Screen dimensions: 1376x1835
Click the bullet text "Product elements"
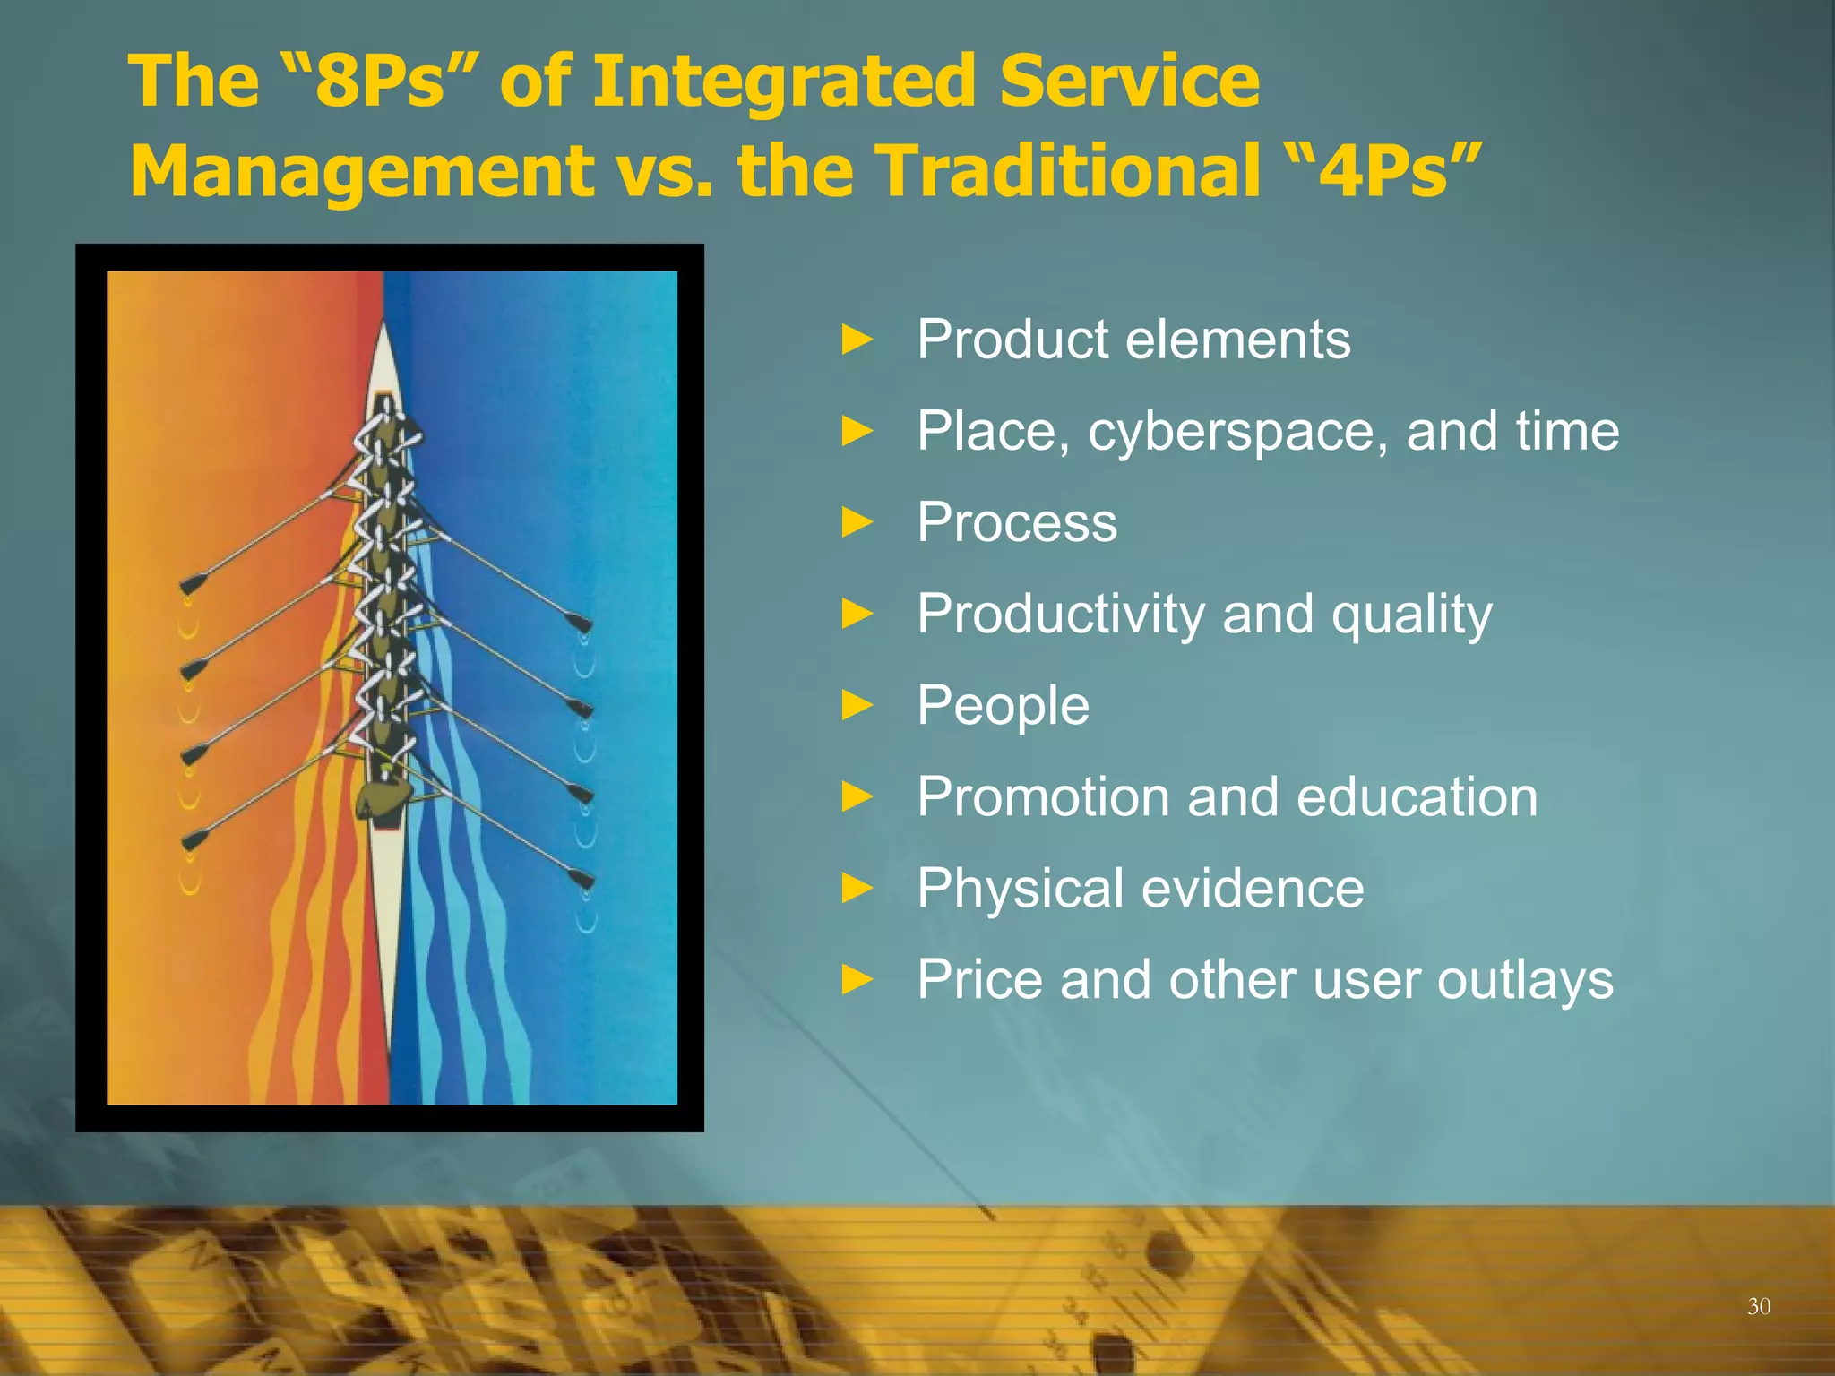(1133, 340)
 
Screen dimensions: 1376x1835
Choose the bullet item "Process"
(1017, 523)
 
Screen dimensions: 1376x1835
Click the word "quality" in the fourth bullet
(1411, 615)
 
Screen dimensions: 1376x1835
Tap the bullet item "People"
(1003, 706)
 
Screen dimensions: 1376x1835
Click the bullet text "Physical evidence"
(1140, 889)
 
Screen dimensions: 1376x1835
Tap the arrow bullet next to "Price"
(857, 980)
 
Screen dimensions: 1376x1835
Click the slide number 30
(1758, 1307)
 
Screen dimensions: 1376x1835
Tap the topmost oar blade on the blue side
(579, 623)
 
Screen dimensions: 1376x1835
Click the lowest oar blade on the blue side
(581, 879)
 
